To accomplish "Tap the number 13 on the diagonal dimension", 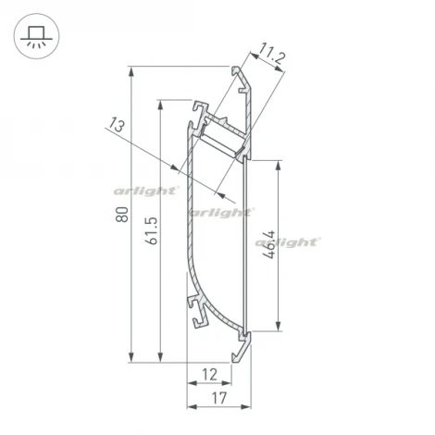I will (115, 125).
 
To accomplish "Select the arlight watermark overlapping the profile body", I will (220, 212).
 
